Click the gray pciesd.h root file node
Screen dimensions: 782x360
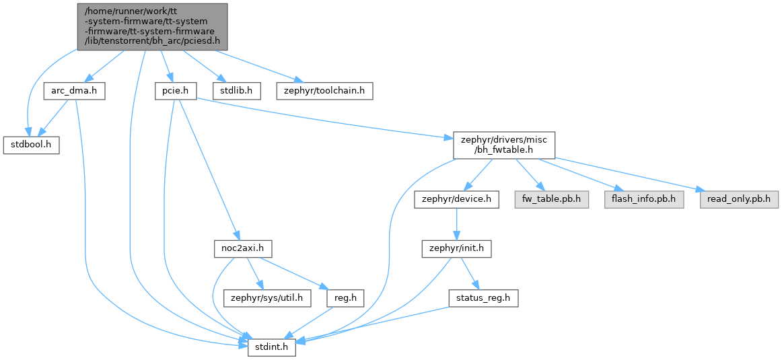(x=152, y=26)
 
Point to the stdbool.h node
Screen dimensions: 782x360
(x=32, y=145)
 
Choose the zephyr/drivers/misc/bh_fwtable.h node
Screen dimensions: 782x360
(x=503, y=145)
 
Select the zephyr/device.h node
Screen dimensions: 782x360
(x=457, y=199)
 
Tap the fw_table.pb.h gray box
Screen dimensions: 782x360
(x=552, y=199)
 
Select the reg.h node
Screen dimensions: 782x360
(x=346, y=297)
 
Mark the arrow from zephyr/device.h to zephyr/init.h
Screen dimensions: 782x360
(x=457, y=224)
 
